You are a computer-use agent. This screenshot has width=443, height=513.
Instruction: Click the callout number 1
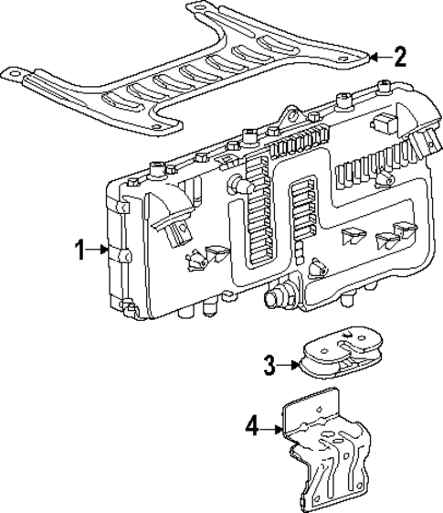pyautogui.click(x=81, y=250)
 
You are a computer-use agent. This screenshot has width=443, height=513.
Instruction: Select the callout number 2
pyautogui.click(x=398, y=58)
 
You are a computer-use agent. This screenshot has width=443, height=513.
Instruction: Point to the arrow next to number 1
pyautogui.click(x=99, y=250)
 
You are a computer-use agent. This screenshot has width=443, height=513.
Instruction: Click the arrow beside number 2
pyautogui.click(x=380, y=58)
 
